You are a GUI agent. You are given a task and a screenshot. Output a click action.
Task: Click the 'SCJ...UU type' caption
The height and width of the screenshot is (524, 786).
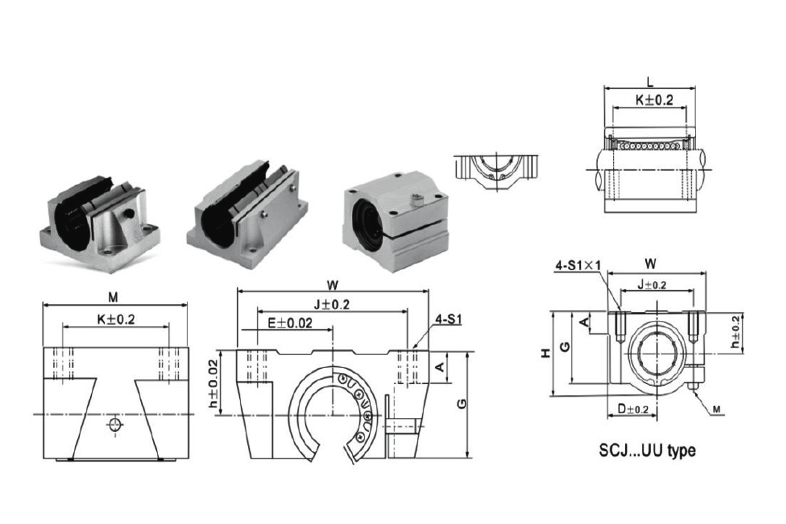pyautogui.click(x=647, y=450)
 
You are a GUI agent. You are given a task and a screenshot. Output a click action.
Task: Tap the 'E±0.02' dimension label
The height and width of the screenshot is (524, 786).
pyautogui.click(x=290, y=323)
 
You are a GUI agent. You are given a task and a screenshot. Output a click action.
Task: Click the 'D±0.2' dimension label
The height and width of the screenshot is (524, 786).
pyautogui.click(x=633, y=409)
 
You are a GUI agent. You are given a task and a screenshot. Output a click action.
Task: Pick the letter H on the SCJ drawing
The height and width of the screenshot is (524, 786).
pyautogui.click(x=546, y=353)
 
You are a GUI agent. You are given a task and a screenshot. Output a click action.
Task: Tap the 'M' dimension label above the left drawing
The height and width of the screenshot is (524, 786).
pyautogui.click(x=113, y=297)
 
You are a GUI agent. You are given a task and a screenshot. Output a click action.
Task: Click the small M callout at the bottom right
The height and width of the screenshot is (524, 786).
pyautogui.click(x=717, y=410)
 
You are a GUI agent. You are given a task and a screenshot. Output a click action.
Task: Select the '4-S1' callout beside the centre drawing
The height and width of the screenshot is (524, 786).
pyautogui.click(x=449, y=319)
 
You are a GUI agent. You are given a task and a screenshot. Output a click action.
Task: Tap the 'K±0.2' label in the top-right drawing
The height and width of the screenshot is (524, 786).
pyautogui.click(x=655, y=100)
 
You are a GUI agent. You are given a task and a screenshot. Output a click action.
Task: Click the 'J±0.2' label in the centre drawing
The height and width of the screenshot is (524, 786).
pyautogui.click(x=332, y=305)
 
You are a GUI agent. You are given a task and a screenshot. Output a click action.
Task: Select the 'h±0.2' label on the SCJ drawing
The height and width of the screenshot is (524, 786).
pyautogui.click(x=736, y=332)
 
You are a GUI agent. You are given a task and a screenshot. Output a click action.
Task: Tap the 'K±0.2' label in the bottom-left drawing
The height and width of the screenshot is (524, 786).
pyautogui.click(x=115, y=319)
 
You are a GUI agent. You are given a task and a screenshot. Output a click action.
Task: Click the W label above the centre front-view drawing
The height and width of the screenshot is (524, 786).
pyautogui.click(x=332, y=284)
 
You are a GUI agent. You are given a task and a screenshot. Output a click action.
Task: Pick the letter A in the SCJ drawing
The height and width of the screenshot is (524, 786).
pyautogui.click(x=587, y=322)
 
